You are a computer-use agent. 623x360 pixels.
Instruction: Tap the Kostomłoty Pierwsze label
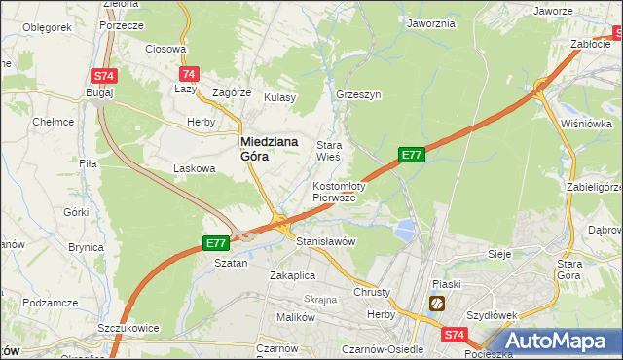338,191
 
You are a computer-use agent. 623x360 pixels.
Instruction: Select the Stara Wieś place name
328,151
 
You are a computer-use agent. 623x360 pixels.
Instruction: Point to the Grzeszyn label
357,95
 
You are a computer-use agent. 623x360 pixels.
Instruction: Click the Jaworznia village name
431,23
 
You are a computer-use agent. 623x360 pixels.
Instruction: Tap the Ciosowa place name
165,49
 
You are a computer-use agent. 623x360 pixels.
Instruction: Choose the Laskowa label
193,168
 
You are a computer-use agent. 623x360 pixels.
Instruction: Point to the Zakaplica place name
293,275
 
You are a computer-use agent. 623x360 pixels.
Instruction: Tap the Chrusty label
372,292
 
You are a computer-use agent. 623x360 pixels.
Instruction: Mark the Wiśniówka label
586,125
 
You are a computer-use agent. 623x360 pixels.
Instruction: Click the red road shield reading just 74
189,74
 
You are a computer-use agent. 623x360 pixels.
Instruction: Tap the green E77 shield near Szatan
215,243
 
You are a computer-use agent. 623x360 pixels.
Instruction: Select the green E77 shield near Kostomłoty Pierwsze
411,155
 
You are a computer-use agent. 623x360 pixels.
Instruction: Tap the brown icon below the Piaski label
437,304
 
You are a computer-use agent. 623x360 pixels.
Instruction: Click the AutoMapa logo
557,341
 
